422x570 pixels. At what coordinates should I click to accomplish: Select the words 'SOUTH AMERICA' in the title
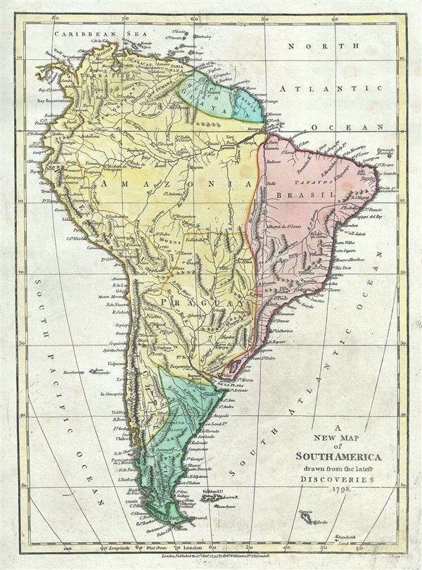click(x=338, y=457)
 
